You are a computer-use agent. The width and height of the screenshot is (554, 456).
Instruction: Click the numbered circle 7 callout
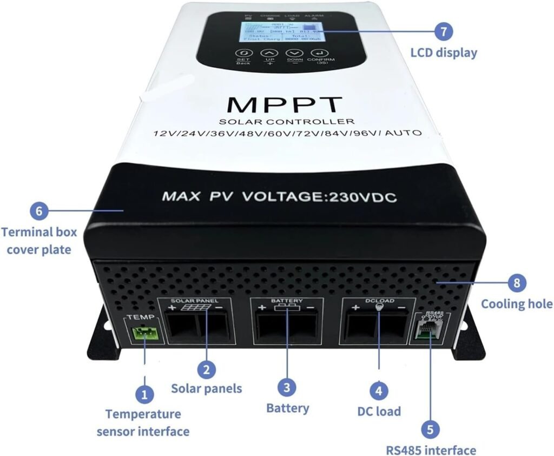tap(444, 31)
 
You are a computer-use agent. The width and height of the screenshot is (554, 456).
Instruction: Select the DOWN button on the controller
tap(295, 54)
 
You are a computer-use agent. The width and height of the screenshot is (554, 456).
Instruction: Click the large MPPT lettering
tap(285, 104)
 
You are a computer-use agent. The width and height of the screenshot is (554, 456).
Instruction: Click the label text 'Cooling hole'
tap(517, 303)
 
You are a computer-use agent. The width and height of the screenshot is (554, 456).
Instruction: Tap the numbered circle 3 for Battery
tap(287, 387)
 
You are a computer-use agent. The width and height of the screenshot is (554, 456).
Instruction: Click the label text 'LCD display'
tap(444, 53)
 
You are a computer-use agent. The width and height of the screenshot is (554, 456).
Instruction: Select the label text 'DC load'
tap(379, 411)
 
